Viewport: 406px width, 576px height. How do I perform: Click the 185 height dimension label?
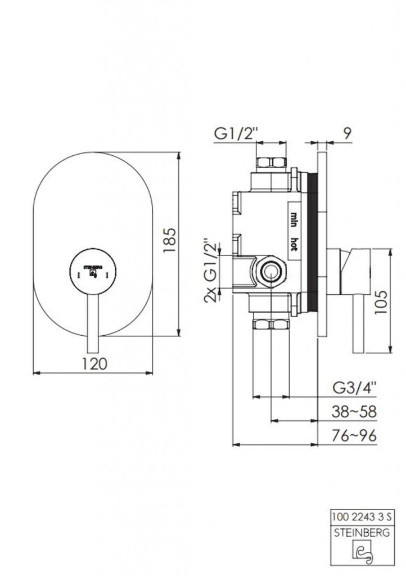(170, 241)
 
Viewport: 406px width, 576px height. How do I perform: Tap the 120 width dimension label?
(94, 364)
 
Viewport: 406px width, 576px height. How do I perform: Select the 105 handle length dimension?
(381, 302)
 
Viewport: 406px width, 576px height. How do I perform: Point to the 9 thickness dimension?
(348, 134)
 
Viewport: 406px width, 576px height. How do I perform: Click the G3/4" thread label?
(354, 388)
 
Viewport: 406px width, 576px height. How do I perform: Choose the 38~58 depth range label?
(354, 412)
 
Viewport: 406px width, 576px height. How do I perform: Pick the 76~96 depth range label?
(354, 436)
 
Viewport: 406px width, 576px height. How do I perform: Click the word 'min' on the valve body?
(294, 220)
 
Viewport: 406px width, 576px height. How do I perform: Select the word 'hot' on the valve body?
(294, 244)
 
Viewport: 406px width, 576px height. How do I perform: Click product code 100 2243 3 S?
(362, 517)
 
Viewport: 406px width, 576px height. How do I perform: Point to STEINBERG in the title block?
(362, 533)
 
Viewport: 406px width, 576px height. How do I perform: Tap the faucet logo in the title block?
(362, 554)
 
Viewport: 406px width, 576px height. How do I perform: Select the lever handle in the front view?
(93, 323)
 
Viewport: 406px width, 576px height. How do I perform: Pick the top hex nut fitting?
(271, 163)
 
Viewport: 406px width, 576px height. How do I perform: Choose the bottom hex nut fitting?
(271, 325)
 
